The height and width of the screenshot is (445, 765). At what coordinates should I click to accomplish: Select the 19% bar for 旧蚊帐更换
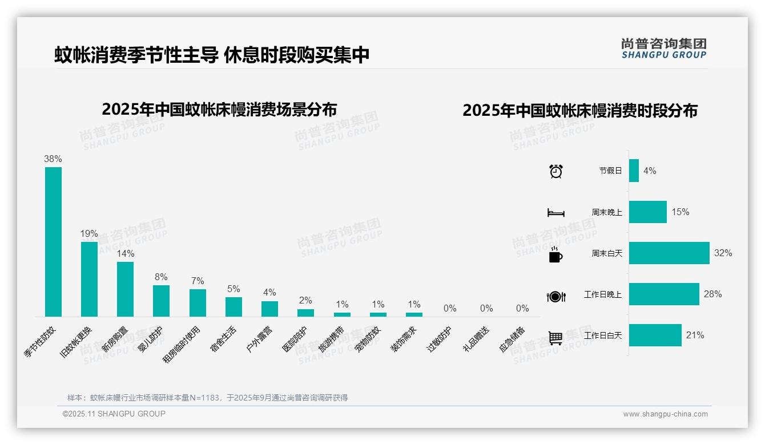[x=89, y=279]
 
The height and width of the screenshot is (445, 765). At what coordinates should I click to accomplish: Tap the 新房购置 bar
[x=125, y=289]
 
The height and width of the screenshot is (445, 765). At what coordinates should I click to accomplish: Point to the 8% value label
[x=161, y=277]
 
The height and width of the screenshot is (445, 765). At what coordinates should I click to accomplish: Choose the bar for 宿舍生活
[x=233, y=306]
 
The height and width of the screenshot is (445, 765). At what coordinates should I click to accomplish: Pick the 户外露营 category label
[x=260, y=339]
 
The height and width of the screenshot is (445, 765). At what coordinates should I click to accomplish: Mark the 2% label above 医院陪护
[x=305, y=301]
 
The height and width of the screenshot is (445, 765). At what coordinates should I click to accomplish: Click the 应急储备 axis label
[x=512, y=339]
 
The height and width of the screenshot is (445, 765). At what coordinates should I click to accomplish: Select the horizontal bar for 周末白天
[x=669, y=253]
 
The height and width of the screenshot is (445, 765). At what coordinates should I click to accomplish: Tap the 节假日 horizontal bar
[x=634, y=171]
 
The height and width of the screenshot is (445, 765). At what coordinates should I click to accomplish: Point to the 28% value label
[x=712, y=294]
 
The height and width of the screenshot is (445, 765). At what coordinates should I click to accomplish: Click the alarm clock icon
[x=556, y=171]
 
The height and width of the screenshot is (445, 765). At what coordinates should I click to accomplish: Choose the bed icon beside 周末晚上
[x=556, y=213]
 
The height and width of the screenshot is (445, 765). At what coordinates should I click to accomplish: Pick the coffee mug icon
[x=555, y=254]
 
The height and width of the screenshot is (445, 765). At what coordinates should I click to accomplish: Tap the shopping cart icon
[x=555, y=338]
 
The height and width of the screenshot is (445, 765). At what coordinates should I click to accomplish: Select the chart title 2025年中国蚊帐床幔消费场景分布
[x=219, y=109]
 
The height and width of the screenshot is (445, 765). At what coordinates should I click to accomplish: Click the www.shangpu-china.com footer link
[x=665, y=414]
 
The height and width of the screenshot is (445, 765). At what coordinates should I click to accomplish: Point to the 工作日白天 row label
[x=603, y=335]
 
